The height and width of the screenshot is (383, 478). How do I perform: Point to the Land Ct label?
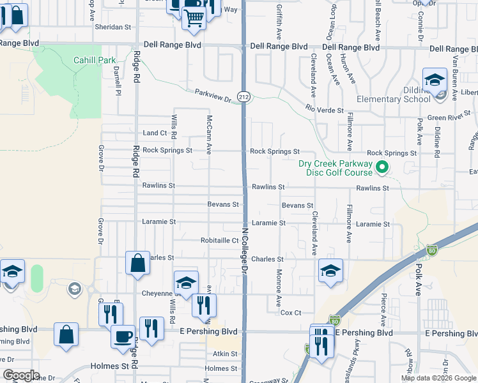pyautogui.click(x=155, y=133)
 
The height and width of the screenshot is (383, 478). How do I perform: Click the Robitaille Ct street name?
pyautogui.click(x=219, y=241)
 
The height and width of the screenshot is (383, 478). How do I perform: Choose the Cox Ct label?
pyautogui.click(x=290, y=313)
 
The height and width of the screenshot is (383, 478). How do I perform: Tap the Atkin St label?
pyautogui.click(x=225, y=353)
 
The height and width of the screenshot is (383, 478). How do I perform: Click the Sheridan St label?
pyautogui.click(x=112, y=27)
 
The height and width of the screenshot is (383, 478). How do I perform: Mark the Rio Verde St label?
pyautogui.click(x=325, y=110)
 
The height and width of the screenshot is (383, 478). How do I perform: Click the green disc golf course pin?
pyautogui.click(x=382, y=169)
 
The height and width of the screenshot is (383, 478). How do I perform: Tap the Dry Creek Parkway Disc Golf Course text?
pyautogui.click(x=335, y=168)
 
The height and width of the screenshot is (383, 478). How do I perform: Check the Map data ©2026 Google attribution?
pyautogui.click(x=438, y=378)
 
